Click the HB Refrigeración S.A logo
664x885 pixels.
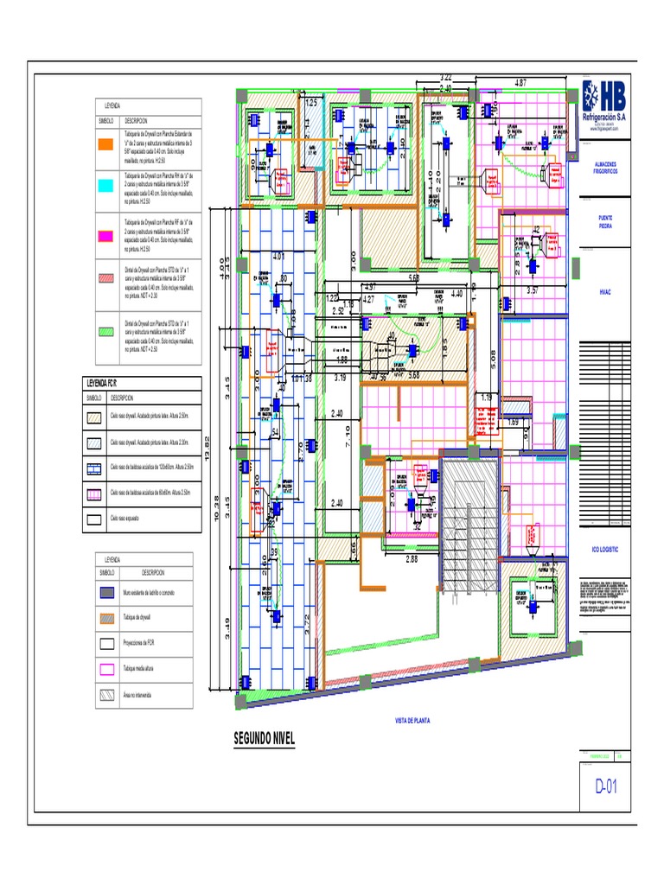[603, 102]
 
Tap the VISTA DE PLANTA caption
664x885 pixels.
[412, 720]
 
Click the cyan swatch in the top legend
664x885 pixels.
[105, 186]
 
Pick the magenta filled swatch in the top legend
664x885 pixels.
[105, 234]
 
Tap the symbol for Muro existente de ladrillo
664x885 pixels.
[105, 593]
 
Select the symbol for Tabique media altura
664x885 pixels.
[105, 668]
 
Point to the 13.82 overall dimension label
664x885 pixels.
[207, 452]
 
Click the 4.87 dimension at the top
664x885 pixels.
[520, 83]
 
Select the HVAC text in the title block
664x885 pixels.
[604, 293]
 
